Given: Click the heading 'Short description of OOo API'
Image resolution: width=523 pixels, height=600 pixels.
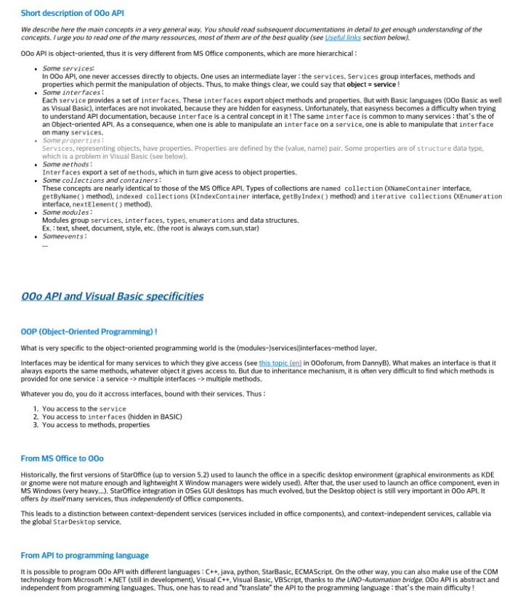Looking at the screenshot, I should click(68, 13).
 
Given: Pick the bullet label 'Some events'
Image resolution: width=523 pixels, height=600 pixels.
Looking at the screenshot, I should click(65, 236).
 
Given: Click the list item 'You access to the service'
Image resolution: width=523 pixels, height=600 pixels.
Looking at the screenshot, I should click(84, 408).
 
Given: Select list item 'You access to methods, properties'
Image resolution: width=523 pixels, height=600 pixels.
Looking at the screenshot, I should click(96, 424).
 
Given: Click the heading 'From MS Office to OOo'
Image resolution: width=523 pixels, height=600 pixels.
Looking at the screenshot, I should click(62, 459).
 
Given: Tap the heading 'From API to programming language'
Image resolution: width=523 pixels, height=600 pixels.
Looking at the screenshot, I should click(84, 555).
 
